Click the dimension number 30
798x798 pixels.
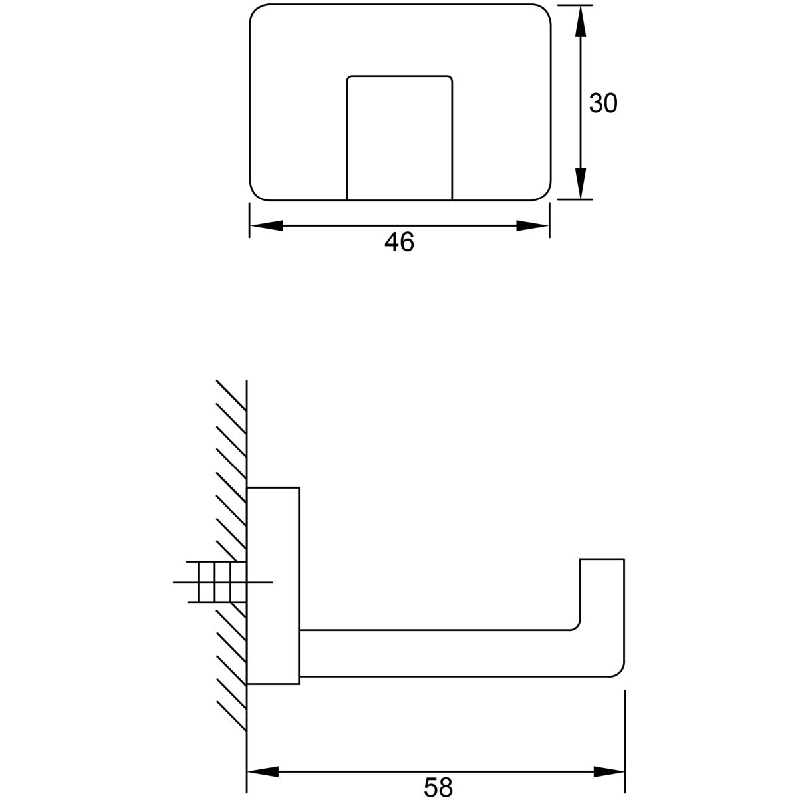602,103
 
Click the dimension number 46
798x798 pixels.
399,242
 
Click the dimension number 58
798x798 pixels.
438,787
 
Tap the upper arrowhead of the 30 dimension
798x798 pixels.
581,21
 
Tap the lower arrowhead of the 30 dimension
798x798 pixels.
581,184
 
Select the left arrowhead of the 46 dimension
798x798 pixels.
266,225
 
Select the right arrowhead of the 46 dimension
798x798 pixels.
533,225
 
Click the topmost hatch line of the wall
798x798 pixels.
231,396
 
